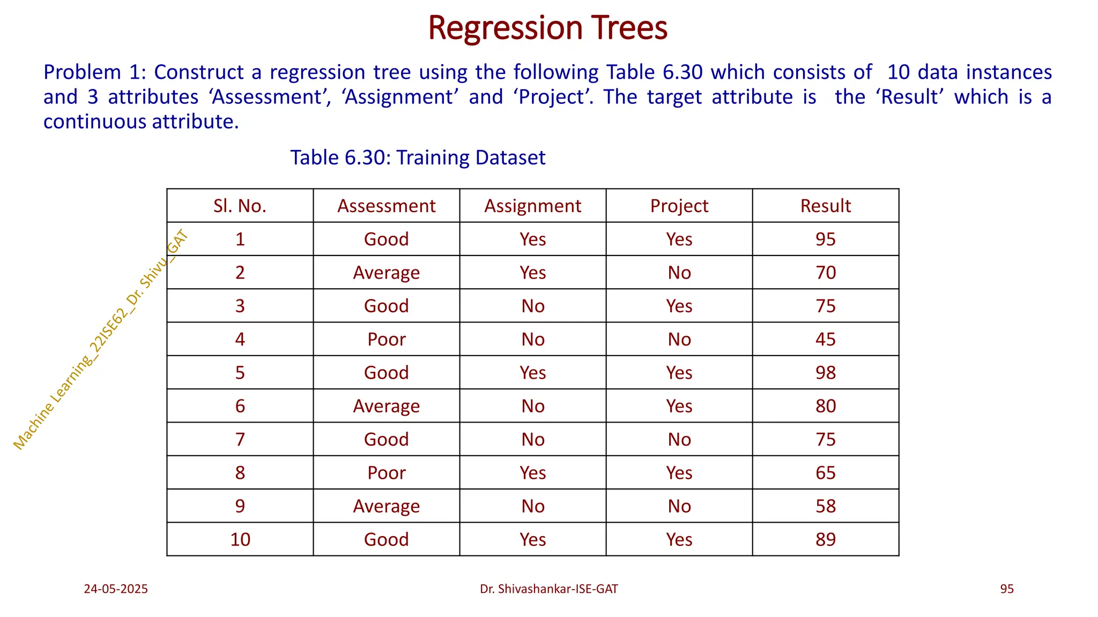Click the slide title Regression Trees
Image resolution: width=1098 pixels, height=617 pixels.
547,28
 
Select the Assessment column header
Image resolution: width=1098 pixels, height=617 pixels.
386,206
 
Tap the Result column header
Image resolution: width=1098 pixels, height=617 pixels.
825,206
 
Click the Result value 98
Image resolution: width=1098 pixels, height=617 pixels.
825,372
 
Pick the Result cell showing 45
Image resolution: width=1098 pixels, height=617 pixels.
825,339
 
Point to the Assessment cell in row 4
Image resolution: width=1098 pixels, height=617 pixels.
386,339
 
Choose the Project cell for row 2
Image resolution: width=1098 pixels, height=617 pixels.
679,273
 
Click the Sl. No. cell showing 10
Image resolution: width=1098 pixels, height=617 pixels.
240,539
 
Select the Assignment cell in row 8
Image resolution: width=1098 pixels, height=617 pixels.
532,473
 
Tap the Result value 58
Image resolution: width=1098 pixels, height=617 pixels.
825,506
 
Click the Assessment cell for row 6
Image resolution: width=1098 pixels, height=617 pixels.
386,406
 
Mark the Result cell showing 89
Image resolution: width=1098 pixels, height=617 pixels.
825,539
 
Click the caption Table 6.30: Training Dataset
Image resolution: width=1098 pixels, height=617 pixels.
417,157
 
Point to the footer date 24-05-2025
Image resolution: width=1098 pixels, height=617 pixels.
116,589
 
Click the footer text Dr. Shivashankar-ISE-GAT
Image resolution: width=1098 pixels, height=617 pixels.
548,589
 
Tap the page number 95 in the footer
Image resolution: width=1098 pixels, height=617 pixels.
1006,589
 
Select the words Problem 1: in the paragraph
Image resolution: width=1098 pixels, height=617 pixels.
94,72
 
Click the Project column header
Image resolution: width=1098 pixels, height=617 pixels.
679,206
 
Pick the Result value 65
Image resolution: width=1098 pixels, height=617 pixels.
825,473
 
